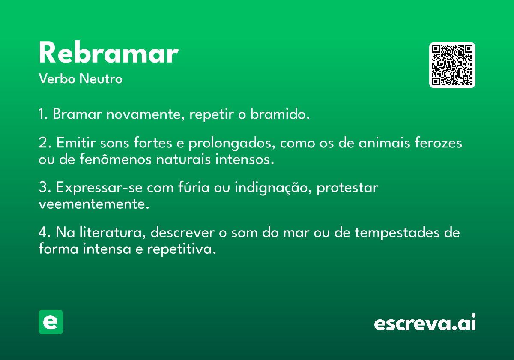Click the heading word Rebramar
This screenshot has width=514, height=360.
108,52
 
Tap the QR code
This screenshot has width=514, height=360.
452,65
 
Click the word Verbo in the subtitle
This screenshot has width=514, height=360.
57,78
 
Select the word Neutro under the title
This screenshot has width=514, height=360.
101,78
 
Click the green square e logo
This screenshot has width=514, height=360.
51,322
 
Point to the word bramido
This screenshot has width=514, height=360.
280,114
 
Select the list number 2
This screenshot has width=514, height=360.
43,143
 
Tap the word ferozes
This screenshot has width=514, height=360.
438,143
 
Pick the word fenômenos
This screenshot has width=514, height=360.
115,159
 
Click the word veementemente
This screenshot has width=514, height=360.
94,204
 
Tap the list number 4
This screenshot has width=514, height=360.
43,232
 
